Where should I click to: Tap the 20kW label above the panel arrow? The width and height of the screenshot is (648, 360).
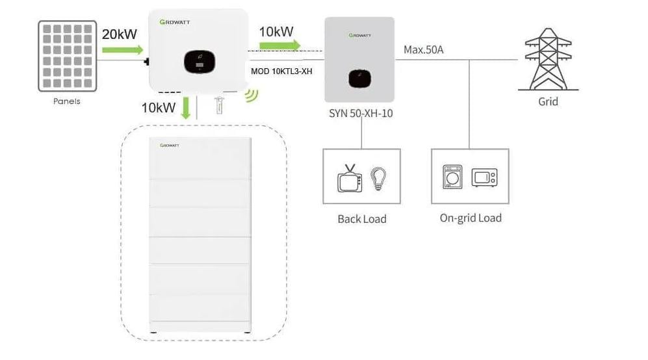coord(119,34)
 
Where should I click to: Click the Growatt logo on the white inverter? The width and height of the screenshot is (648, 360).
coord(174,22)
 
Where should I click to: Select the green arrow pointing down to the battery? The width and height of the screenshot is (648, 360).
coord(186,107)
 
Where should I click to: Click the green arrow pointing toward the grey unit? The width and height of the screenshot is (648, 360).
coord(279,45)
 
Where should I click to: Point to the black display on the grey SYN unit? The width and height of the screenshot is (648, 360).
coord(359,78)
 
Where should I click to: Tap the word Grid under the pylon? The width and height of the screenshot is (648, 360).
coord(547,101)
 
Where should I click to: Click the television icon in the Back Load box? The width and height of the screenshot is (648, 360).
coord(349,177)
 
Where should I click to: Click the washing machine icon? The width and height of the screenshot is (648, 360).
coord(452,177)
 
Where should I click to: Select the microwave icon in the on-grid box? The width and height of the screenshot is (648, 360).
coord(484,177)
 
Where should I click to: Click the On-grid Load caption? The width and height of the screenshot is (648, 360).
coord(471,218)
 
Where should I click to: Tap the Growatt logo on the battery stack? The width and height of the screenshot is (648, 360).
coord(172,147)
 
